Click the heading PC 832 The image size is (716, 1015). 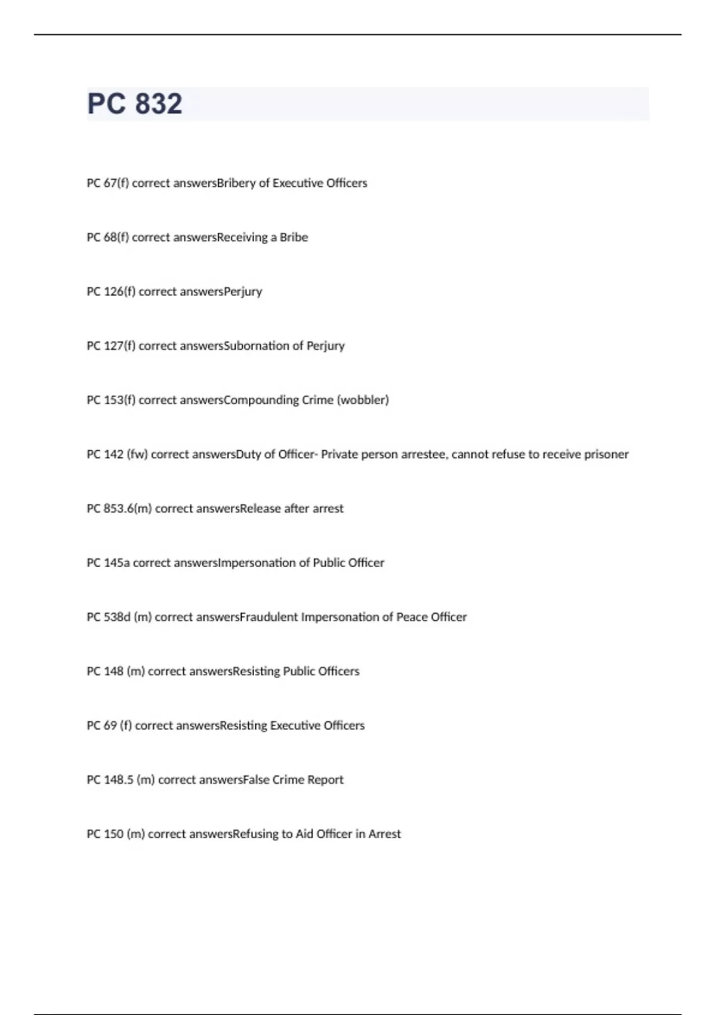(135, 104)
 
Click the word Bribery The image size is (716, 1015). (236, 183)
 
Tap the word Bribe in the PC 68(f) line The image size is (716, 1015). (294, 237)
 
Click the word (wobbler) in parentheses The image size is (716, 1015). (363, 400)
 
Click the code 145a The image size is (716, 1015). (116, 563)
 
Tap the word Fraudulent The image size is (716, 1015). (268, 617)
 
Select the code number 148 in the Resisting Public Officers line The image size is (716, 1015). (113, 671)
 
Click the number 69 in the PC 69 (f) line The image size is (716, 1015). (110, 725)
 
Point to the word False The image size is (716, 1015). (256, 780)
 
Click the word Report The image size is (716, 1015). (325, 780)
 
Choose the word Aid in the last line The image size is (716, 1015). (304, 834)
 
